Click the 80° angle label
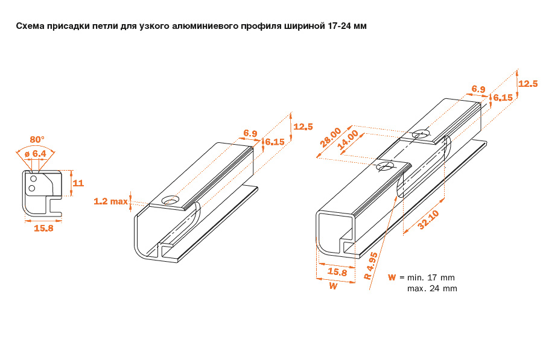(37, 139)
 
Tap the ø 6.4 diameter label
(36, 154)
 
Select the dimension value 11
(78, 183)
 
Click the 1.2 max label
(111, 201)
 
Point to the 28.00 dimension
(331, 137)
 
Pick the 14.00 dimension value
(348, 140)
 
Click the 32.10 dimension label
(428, 220)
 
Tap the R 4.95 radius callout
(370, 266)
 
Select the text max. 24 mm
(432, 288)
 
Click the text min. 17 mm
(431, 277)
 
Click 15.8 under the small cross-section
(43, 228)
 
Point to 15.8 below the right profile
(337, 272)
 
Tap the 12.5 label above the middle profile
(303, 127)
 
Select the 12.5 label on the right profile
(528, 84)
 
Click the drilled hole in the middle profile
(170, 200)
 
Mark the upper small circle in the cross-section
(33, 179)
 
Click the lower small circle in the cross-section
(31, 188)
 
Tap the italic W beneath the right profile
(333, 286)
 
